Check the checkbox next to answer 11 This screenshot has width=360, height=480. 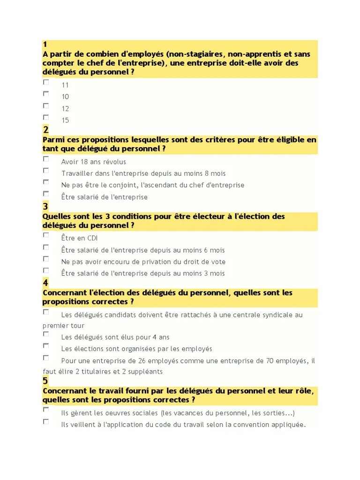pos(46,82)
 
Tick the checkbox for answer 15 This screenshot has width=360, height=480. pos(46,117)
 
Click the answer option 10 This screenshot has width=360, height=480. pos(65,97)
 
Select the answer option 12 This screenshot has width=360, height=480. pos(65,108)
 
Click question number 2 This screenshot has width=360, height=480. pos(45,130)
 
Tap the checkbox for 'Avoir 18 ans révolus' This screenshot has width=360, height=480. pos(46,159)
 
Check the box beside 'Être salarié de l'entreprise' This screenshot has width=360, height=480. pos(46,194)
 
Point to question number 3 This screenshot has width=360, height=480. pos(45,207)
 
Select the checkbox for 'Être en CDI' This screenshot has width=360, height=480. pos(46,235)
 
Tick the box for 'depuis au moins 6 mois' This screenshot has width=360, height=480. pos(46,247)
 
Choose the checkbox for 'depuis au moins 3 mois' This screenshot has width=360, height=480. pos(46,270)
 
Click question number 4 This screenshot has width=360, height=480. pos(45,283)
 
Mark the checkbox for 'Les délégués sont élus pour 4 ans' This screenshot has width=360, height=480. pos(46,334)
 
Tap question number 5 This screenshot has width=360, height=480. pos(45,381)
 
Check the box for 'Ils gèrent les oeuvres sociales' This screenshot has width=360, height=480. pos(46,410)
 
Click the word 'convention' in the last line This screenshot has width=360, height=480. pos(254,425)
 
